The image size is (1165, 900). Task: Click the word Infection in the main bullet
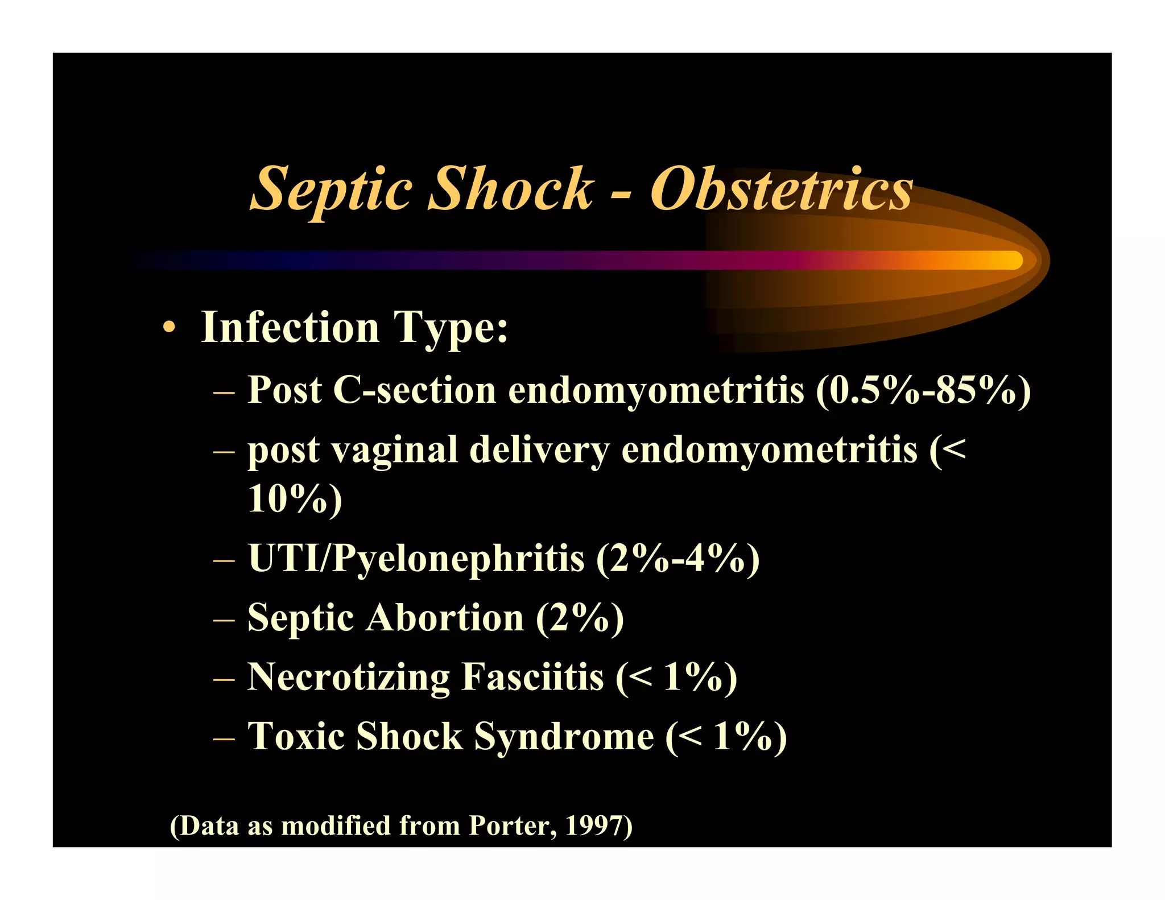pyautogui.click(x=290, y=328)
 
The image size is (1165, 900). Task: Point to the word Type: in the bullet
pyautogui.click(x=451, y=329)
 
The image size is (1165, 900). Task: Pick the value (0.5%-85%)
pyautogui.click(x=923, y=391)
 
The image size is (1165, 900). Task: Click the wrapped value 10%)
pyautogui.click(x=295, y=499)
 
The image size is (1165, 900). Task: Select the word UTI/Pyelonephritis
pyautogui.click(x=416, y=558)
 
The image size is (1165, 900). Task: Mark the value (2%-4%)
pyautogui.click(x=677, y=558)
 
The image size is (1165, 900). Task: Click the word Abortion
pyautogui.click(x=444, y=618)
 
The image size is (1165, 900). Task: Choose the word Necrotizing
pyautogui.click(x=348, y=677)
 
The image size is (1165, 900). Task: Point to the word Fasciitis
pyautogui.click(x=532, y=677)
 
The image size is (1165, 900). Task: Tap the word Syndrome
pyautogui.click(x=564, y=737)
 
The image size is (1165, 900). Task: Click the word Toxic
pyautogui.click(x=296, y=737)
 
